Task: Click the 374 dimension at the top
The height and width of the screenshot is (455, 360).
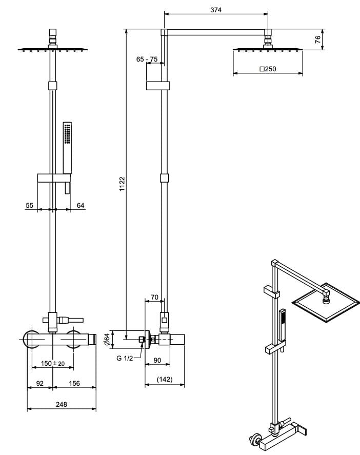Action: click(x=216, y=9)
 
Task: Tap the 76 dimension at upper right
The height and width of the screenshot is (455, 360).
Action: click(x=318, y=39)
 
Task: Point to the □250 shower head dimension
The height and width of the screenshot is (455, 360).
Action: click(x=268, y=68)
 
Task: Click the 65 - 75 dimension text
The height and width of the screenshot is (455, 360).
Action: click(x=147, y=60)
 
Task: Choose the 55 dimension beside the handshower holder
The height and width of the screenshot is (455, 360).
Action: click(x=29, y=205)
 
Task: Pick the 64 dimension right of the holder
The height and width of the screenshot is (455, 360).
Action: click(x=81, y=205)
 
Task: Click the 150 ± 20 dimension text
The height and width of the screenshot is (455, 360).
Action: click(x=53, y=363)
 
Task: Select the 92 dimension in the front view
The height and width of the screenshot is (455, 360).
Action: click(x=40, y=383)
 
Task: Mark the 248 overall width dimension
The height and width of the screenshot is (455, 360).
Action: click(x=61, y=404)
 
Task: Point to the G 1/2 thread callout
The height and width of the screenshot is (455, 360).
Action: click(x=124, y=358)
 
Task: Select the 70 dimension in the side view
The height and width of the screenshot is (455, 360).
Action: click(x=154, y=296)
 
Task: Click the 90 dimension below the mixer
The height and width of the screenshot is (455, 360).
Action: click(x=157, y=361)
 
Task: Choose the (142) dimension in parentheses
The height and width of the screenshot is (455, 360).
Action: click(x=164, y=380)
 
